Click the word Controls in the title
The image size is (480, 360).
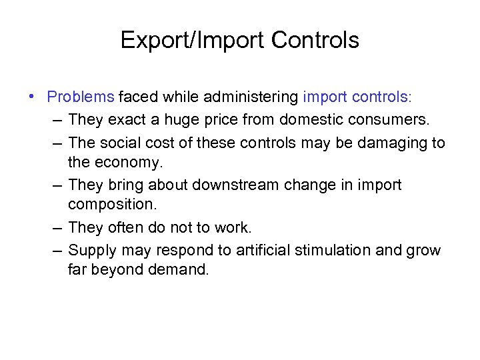pos(315,41)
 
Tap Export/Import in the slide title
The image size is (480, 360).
pos(193,41)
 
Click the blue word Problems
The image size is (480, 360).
pos(81,97)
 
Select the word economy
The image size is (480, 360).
pos(129,162)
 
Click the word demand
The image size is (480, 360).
pos(181,270)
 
